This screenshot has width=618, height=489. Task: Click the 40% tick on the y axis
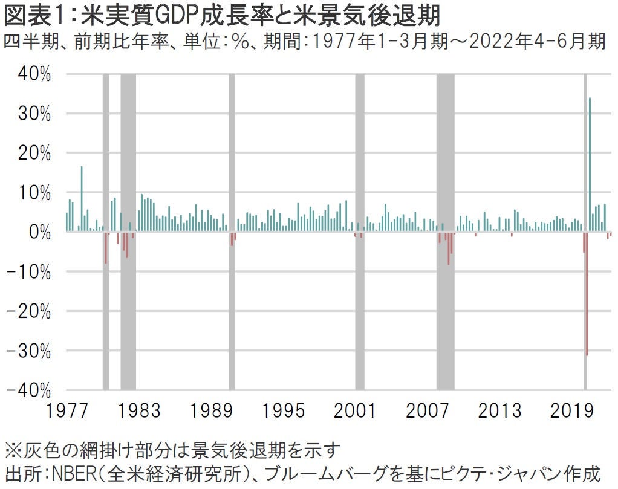[30, 74]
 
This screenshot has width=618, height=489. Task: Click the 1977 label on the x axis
[66, 410]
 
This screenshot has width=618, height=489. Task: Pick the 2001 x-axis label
[356, 410]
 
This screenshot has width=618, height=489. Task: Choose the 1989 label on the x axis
[211, 410]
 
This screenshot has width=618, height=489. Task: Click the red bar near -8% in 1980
[106, 247]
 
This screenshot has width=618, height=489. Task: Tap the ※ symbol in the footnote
[11, 450]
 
